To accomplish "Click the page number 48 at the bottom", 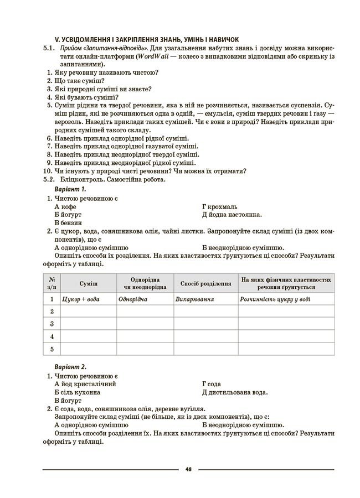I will (x=188, y=469).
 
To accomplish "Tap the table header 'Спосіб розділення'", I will (x=205, y=283).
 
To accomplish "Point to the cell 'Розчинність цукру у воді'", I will (x=275, y=299).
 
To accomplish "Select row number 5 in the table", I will (x=52, y=349).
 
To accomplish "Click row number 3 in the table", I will (x=52, y=324).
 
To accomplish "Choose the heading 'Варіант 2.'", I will (x=71, y=366).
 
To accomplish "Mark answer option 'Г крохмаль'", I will (x=220, y=206).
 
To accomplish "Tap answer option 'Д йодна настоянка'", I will (x=232, y=215).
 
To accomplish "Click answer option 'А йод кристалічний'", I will (x=85, y=383).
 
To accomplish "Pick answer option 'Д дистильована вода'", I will (x=235, y=392).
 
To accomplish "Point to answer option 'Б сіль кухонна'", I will (x=78, y=392).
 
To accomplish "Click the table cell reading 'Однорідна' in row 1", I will (x=133, y=299).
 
